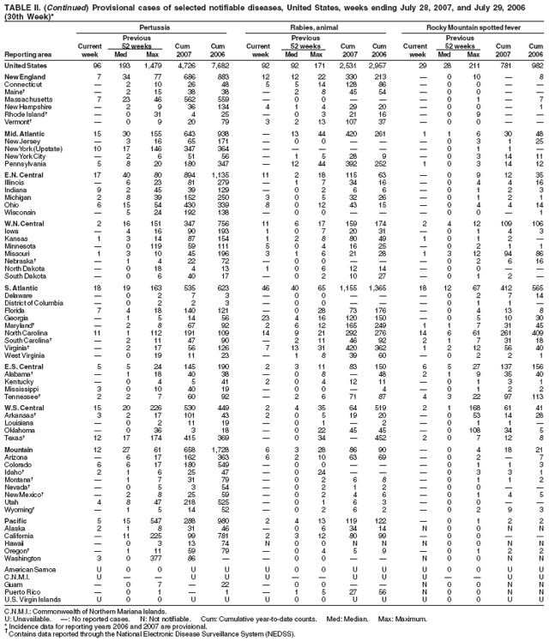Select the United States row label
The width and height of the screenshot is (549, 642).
point(26,66)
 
